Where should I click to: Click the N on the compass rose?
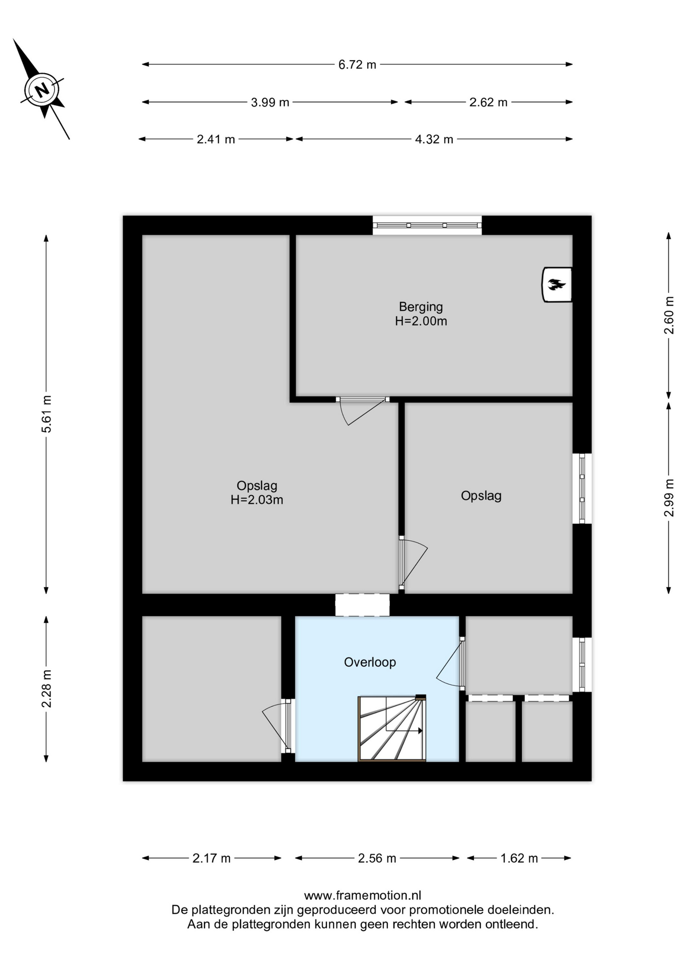42,90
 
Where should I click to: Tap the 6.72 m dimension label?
357,65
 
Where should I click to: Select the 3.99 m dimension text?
270,102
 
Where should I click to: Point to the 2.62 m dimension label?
488,102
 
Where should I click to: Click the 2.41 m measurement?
216,139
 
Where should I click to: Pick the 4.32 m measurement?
434,139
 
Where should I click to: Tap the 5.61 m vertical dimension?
46,414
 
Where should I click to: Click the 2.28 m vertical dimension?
46,689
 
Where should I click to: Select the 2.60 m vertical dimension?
669,315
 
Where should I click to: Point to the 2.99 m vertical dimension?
669,498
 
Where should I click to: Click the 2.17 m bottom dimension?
212,858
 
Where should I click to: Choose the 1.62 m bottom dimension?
519,858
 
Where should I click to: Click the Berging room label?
421,307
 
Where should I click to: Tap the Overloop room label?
370,662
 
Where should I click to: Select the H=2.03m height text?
257,500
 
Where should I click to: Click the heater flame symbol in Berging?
557,285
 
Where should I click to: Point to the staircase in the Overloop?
392,728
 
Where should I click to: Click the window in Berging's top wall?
427,225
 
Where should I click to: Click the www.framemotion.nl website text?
362,896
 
